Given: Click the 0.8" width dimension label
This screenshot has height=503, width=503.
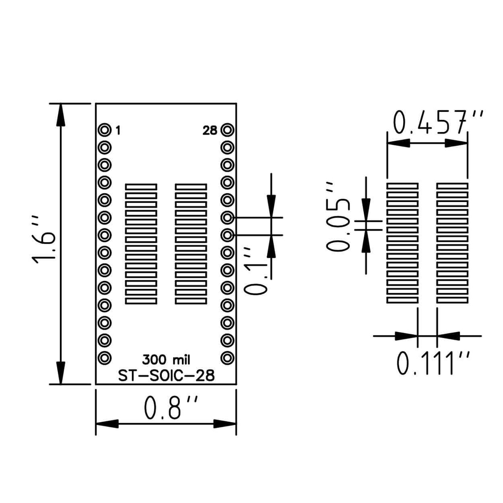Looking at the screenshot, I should [170, 408].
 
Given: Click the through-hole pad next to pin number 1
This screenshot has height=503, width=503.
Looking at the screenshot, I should [104, 130].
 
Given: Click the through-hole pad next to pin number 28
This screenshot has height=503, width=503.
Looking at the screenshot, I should [227, 130].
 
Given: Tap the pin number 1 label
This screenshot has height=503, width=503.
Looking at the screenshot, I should [118, 131].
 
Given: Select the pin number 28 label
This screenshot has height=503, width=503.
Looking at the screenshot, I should [210, 131].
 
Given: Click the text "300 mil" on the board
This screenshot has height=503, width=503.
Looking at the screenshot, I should [166, 360].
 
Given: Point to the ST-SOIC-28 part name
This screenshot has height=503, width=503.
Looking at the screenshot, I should [166, 375].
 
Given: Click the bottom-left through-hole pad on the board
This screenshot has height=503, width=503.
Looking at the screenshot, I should [104, 358].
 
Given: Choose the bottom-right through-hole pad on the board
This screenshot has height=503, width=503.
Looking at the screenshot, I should [227, 358].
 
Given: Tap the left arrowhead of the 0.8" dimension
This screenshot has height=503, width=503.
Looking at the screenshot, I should [107, 424].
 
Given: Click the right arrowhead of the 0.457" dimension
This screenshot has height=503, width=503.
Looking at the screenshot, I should [456, 143].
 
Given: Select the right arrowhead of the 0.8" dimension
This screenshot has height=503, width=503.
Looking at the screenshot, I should [225, 424].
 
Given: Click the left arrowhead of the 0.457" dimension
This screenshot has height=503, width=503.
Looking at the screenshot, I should [398, 143].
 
